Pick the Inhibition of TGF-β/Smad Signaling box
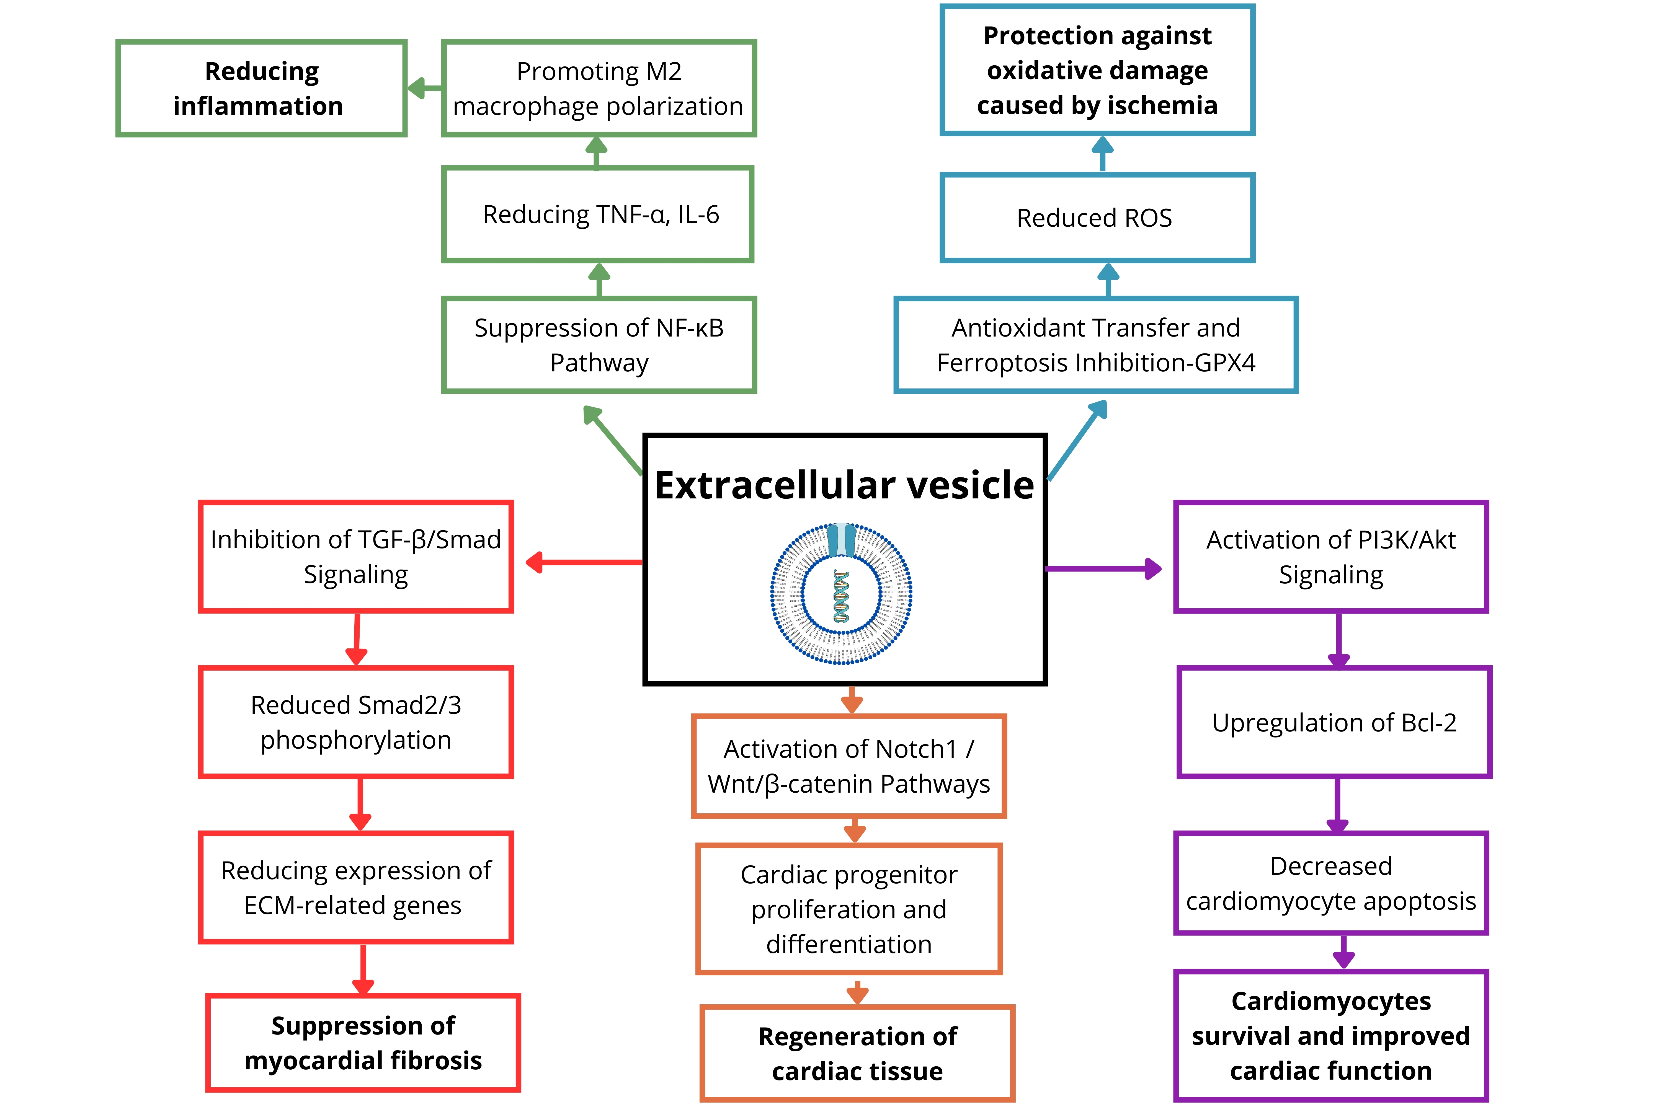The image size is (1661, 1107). pyautogui.click(x=356, y=557)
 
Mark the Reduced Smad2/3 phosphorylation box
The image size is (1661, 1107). pyautogui.click(x=356, y=722)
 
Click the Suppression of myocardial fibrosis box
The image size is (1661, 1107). pyautogui.click(x=363, y=1043)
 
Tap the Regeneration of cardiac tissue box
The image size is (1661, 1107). pyautogui.click(x=857, y=1053)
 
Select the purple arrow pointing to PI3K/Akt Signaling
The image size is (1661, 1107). pyautogui.click(x=1103, y=568)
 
